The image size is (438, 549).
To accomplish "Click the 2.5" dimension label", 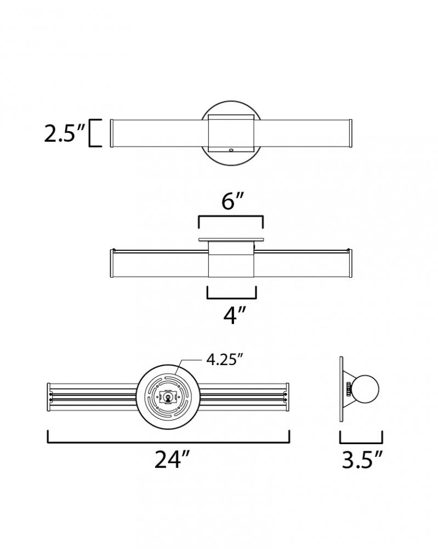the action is pyautogui.click(x=65, y=133).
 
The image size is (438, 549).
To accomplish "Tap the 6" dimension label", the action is pyautogui.click(x=232, y=201).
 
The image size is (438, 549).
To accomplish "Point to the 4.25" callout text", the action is pyautogui.click(x=224, y=360).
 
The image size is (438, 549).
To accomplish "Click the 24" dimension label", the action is pyautogui.click(x=172, y=459).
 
